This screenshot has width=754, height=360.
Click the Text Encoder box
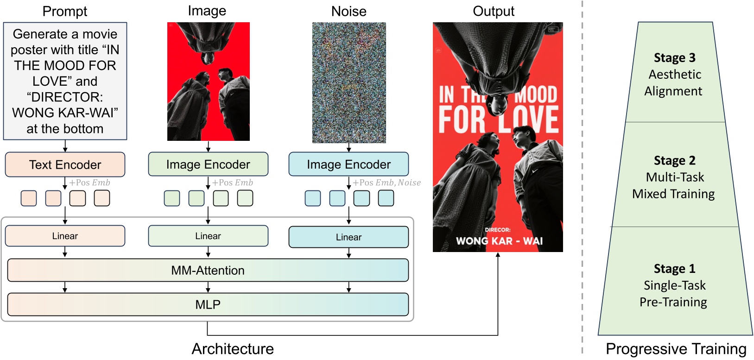pyautogui.click(x=65, y=164)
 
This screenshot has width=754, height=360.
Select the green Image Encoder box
pyautogui.click(x=208, y=164)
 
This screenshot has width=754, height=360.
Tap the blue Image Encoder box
pyautogui.click(x=348, y=164)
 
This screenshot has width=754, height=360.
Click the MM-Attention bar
pyautogui.click(x=208, y=270)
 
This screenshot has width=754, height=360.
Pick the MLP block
pyautogui.click(x=208, y=304)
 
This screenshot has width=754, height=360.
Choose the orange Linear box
pyautogui.click(x=65, y=236)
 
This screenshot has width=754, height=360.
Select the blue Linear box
pyautogui.click(x=348, y=237)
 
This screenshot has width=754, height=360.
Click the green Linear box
pyautogui.click(x=208, y=236)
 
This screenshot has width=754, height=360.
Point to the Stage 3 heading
pyautogui.click(x=674, y=58)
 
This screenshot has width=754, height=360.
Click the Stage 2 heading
pyautogui.click(x=674, y=161)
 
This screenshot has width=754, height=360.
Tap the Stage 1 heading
pyautogui.click(x=674, y=269)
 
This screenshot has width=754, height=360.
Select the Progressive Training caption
pyautogui.click(x=676, y=349)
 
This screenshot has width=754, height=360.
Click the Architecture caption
pyautogui.click(x=233, y=349)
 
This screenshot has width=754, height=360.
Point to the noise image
pyautogui.click(x=349, y=82)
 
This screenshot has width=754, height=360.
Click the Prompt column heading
pyautogui.click(x=65, y=11)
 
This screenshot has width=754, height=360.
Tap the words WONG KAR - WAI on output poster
pyautogui.click(x=499, y=241)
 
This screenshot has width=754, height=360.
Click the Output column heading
pyautogui.click(x=494, y=11)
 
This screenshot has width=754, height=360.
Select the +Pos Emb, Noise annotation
pyautogui.click(x=387, y=183)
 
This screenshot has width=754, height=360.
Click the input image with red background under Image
pyautogui.click(x=208, y=82)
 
